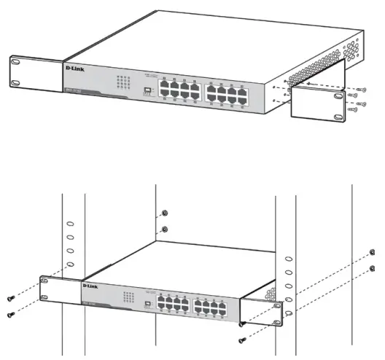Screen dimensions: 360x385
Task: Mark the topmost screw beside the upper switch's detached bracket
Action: click(x=355, y=86)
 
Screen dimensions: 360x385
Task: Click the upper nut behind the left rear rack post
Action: click(x=163, y=212)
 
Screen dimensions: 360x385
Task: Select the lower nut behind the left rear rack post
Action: click(x=163, y=230)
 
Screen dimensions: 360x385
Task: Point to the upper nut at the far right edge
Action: click(x=373, y=251)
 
